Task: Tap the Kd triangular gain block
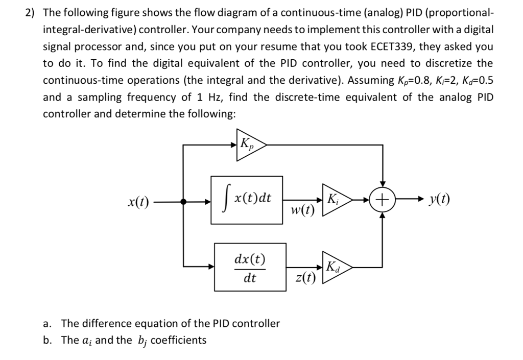[335, 267]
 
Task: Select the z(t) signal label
[305, 278]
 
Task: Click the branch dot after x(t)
[184, 201]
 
